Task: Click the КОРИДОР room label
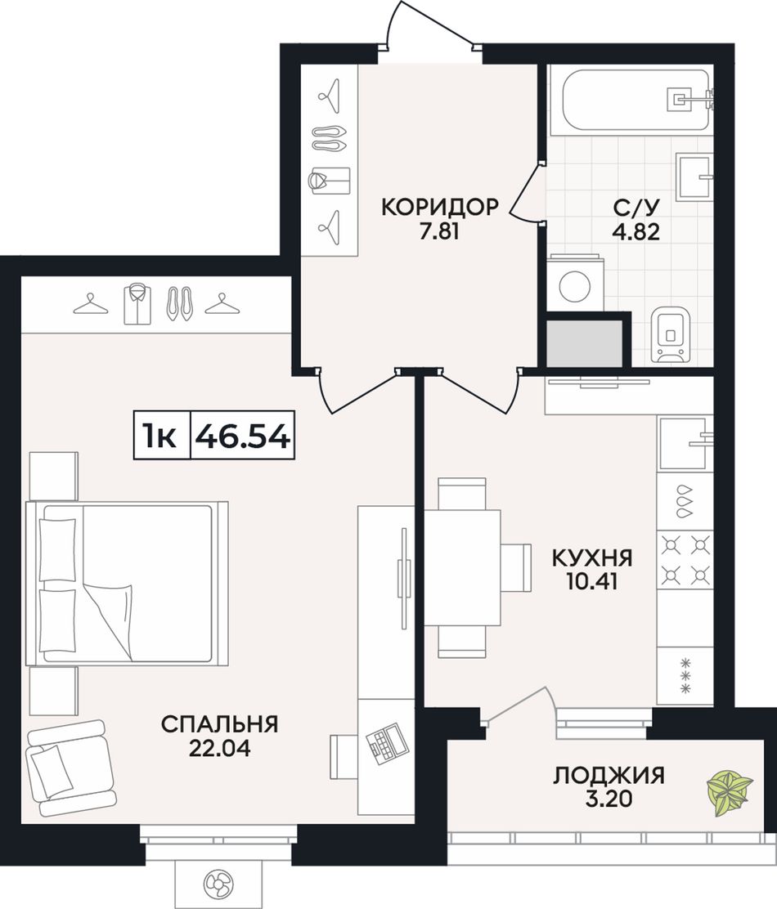tap(439, 207)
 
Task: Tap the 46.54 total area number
tap(242, 437)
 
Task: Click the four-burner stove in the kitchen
tap(685, 560)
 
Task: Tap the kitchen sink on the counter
tap(685, 441)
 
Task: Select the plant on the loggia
tap(730, 792)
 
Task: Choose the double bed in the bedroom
tap(128, 582)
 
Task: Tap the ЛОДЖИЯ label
tap(609, 775)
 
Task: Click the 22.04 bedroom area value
tap(219, 748)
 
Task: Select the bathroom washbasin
tap(694, 175)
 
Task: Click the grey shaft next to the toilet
tap(585, 342)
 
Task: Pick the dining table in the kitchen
tap(462, 567)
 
